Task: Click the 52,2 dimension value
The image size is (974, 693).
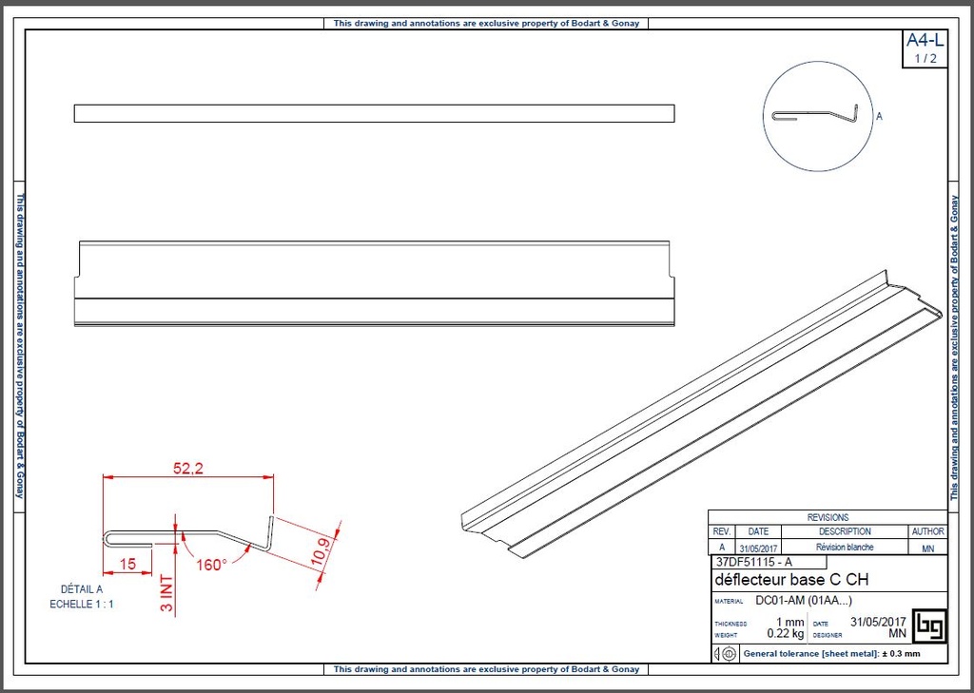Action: (x=188, y=468)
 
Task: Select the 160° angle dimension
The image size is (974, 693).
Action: (x=210, y=564)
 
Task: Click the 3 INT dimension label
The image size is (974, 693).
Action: (x=166, y=592)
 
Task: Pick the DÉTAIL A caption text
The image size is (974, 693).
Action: (x=82, y=588)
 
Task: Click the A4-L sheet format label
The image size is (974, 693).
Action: (x=925, y=40)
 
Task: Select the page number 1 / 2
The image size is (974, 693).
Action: (x=925, y=59)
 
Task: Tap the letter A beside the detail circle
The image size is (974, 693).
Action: (x=879, y=117)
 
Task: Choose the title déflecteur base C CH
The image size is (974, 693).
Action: (x=790, y=580)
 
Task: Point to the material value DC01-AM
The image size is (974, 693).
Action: (x=797, y=601)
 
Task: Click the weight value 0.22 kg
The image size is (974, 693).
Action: (x=786, y=633)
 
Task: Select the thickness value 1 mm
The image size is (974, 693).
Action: (x=789, y=623)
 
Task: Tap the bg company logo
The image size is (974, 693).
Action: (x=927, y=626)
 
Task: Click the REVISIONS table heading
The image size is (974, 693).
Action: (x=828, y=517)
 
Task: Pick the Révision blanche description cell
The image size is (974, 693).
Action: (x=845, y=548)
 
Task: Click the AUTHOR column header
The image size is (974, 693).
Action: (x=927, y=531)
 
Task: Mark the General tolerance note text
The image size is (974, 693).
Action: (x=831, y=654)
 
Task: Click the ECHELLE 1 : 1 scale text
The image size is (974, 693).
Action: (x=82, y=604)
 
